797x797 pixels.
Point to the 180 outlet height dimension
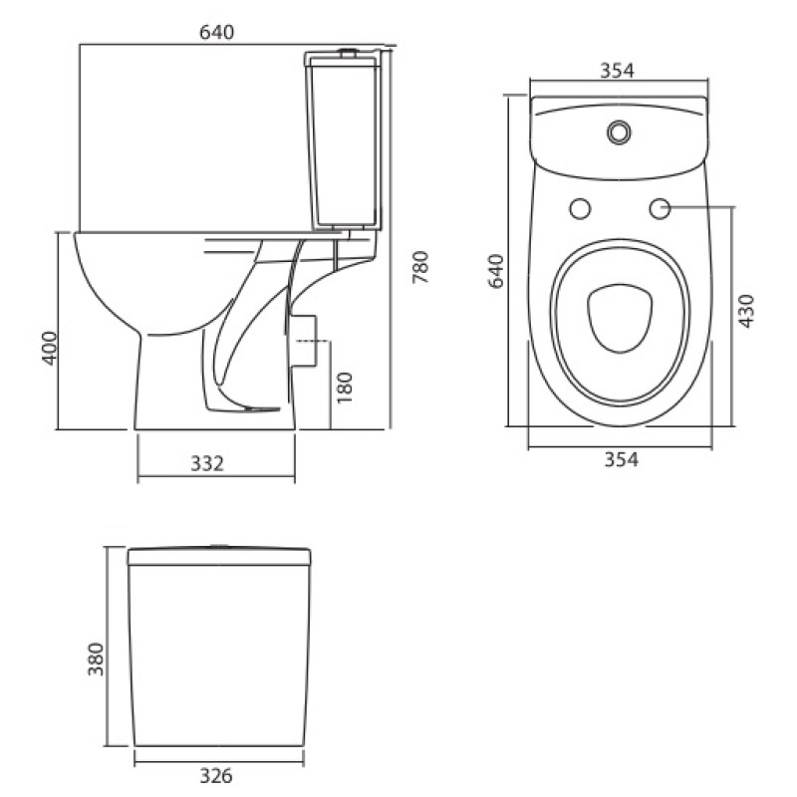point(345,387)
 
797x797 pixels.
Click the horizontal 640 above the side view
point(216,32)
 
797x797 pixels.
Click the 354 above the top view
point(618,69)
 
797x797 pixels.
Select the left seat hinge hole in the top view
point(579,208)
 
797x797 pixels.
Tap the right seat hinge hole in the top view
point(659,208)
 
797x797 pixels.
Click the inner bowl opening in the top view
point(620,318)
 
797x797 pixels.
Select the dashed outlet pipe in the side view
point(313,340)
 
